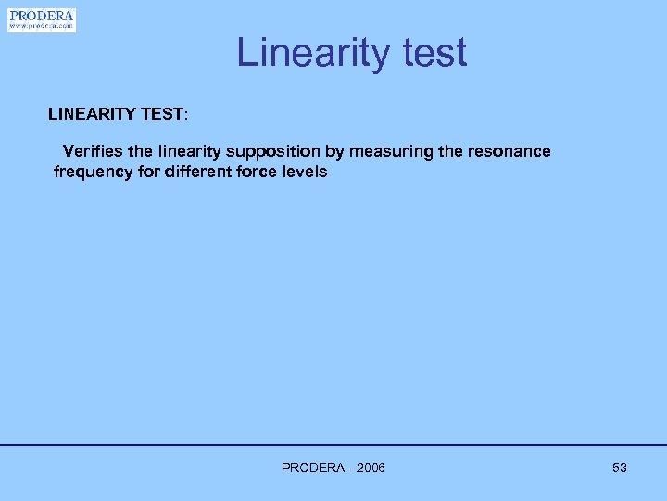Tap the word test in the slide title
pyautogui.click(x=429, y=53)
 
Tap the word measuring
pyautogui.click(x=390, y=151)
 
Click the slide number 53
pyautogui.click(x=620, y=468)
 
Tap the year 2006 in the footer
pyautogui.click(x=369, y=468)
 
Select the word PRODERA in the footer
pyautogui.click(x=311, y=468)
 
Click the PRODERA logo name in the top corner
pyautogui.click(x=41, y=16)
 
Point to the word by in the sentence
pyautogui.click(x=333, y=151)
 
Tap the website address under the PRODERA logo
pyautogui.click(x=41, y=27)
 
